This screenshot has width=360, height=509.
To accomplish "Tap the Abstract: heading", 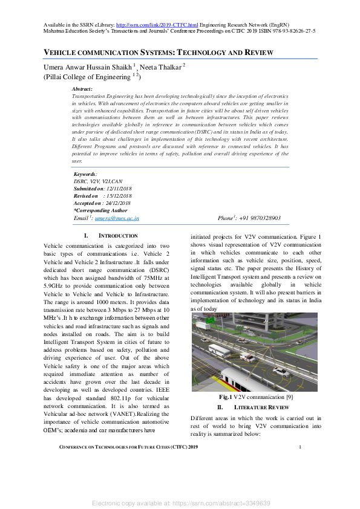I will point(82,89).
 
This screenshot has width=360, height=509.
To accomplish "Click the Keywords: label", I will point(85,174).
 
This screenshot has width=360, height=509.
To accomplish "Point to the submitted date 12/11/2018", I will point(120,189).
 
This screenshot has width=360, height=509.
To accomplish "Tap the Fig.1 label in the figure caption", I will point(227,397).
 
